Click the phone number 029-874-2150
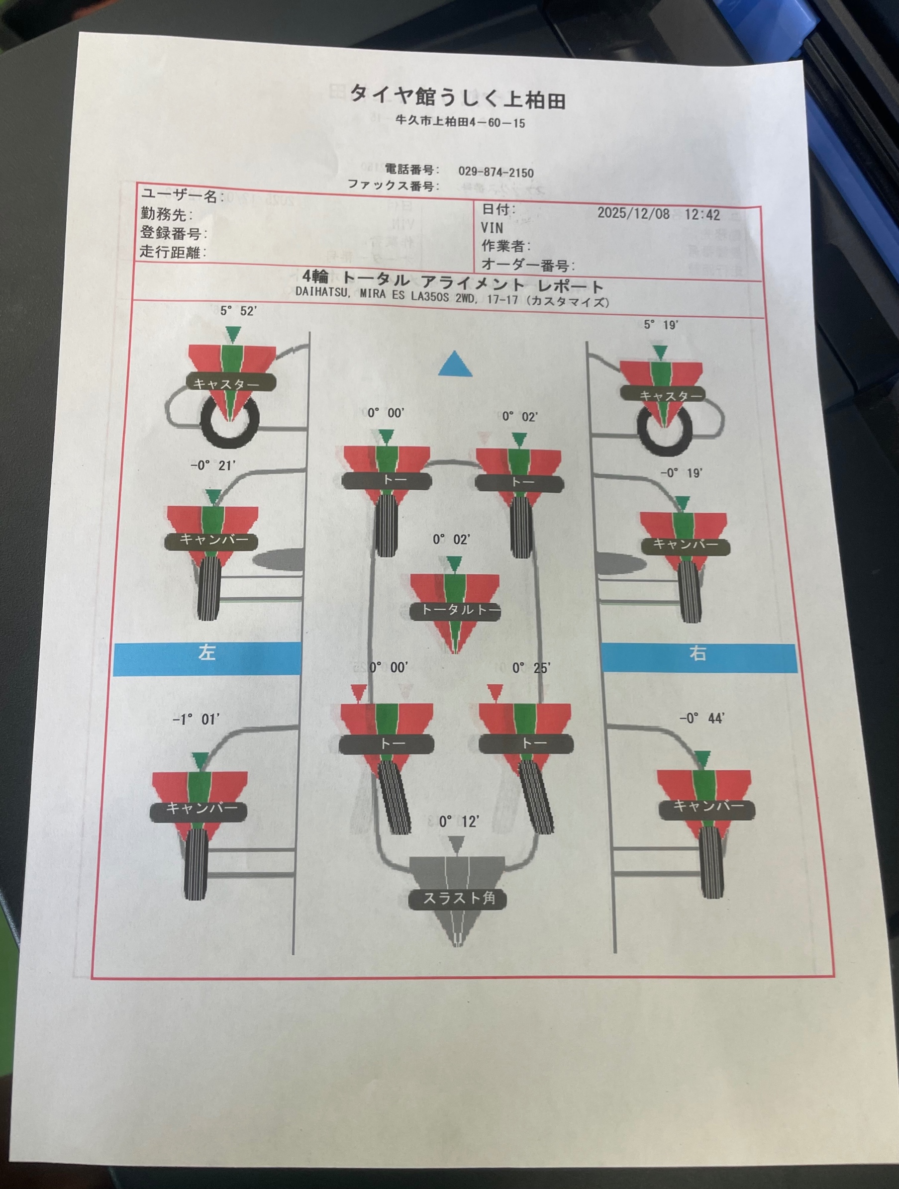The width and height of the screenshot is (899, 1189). pyautogui.click(x=496, y=172)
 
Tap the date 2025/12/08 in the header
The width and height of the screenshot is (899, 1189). pyautogui.click(x=633, y=213)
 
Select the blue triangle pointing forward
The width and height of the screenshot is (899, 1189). pyautogui.click(x=455, y=364)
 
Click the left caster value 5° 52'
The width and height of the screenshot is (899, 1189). pyautogui.click(x=238, y=311)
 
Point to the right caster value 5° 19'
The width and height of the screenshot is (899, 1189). pyautogui.click(x=661, y=325)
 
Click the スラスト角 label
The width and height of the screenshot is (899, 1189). pyautogui.click(x=458, y=898)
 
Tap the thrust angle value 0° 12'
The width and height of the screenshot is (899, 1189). pyautogui.click(x=459, y=822)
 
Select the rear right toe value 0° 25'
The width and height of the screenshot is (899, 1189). pyautogui.click(x=531, y=668)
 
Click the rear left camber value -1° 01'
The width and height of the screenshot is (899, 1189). pyautogui.click(x=196, y=719)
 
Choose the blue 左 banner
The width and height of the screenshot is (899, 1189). pyautogui.click(x=207, y=658)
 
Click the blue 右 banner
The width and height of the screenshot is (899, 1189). pyautogui.click(x=698, y=658)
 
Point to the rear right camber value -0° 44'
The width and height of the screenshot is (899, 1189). pyautogui.click(x=702, y=718)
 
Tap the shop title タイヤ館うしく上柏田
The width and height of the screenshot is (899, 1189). pyautogui.click(x=458, y=97)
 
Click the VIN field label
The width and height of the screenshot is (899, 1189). pyautogui.click(x=492, y=227)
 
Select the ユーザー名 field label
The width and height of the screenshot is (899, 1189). pyautogui.click(x=180, y=195)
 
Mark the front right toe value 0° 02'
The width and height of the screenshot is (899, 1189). pyautogui.click(x=520, y=417)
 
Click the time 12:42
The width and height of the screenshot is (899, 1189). pyautogui.click(x=702, y=214)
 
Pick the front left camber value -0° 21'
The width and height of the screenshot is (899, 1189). pyautogui.click(x=213, y=465)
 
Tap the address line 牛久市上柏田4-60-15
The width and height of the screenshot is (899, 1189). pyautogui.click(x=460, y=122)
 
